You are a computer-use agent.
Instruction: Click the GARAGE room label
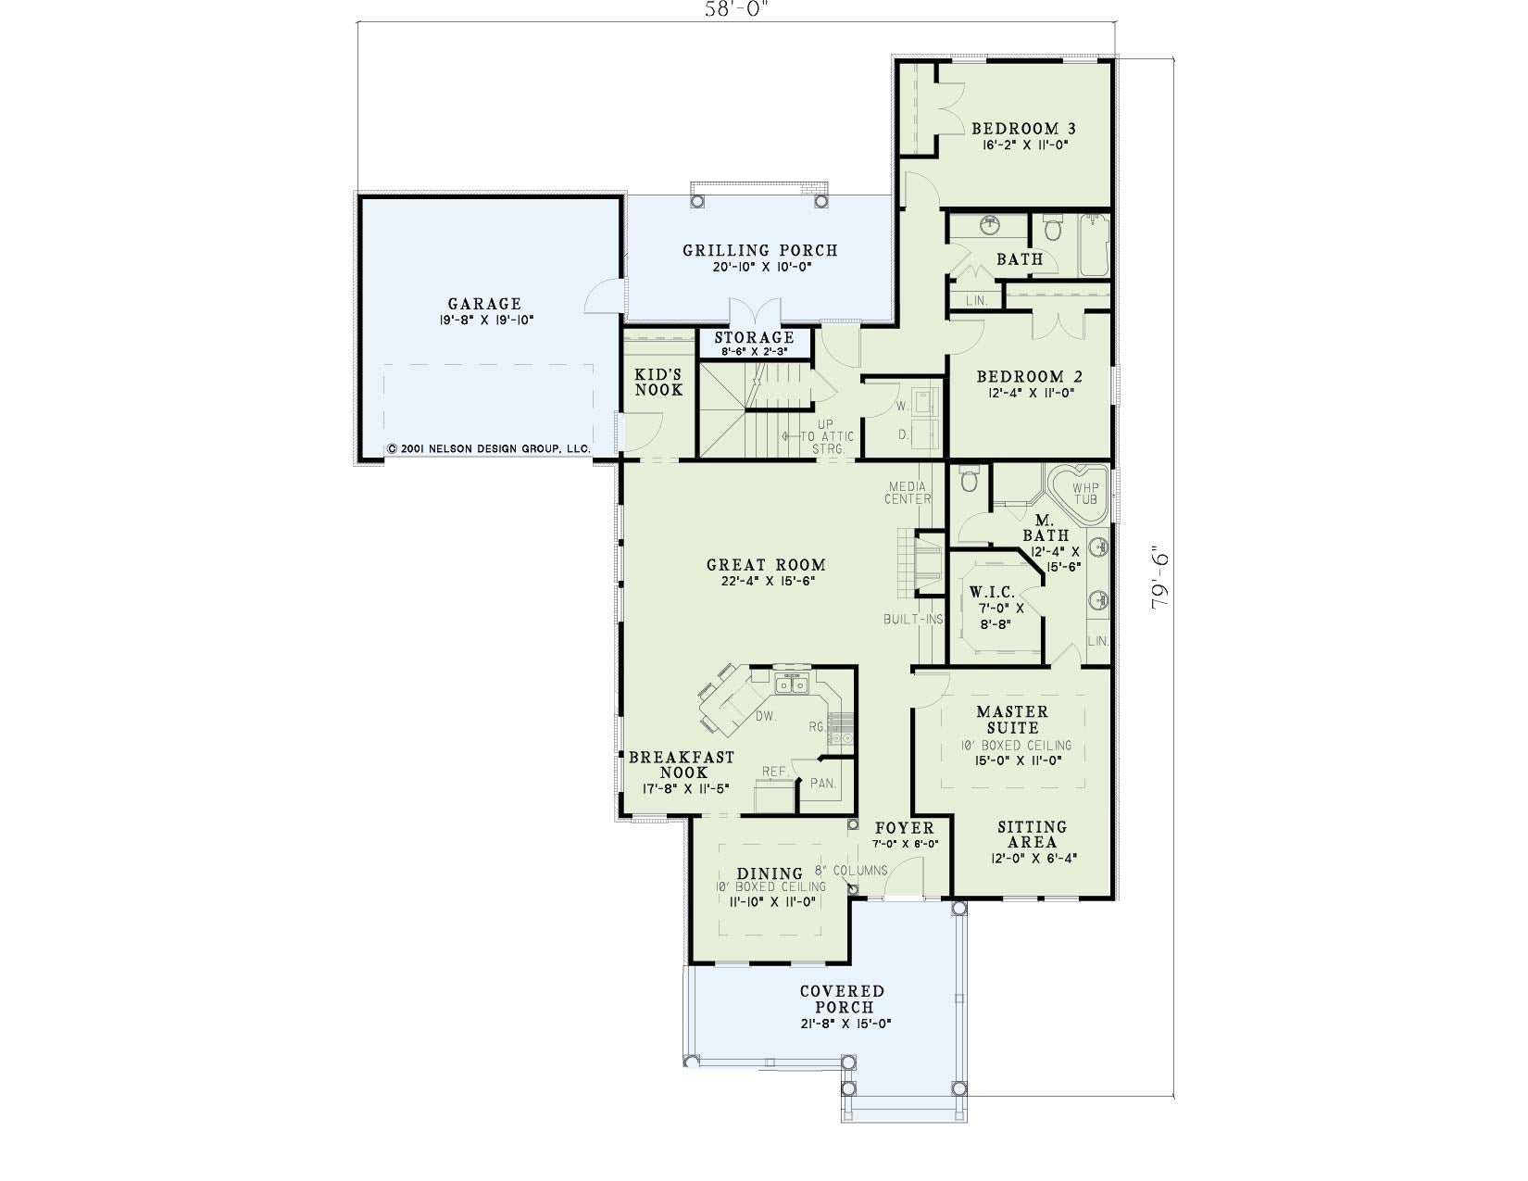tap(484, 304)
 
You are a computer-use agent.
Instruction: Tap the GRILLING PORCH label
tap(760, 250)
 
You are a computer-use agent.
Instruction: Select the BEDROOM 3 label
tap(1024, 129)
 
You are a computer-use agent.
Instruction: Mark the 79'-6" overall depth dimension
tap(1160, 578)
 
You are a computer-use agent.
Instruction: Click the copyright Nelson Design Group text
tap(489, 448)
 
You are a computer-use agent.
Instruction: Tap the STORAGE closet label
tap(754, 338)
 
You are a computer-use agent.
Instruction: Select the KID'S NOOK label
tap(658, 383)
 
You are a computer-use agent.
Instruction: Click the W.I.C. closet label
tap(992, 592)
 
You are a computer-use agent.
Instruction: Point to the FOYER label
tap(904, 828)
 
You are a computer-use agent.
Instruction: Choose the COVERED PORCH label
tap(843, 999)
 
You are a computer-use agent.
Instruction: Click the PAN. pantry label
tap(822, 783)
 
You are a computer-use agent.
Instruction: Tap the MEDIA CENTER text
tap(908, 493)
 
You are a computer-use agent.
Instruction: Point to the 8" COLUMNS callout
tap(852, 870)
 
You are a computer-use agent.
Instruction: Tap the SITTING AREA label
tap(1033, 835)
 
